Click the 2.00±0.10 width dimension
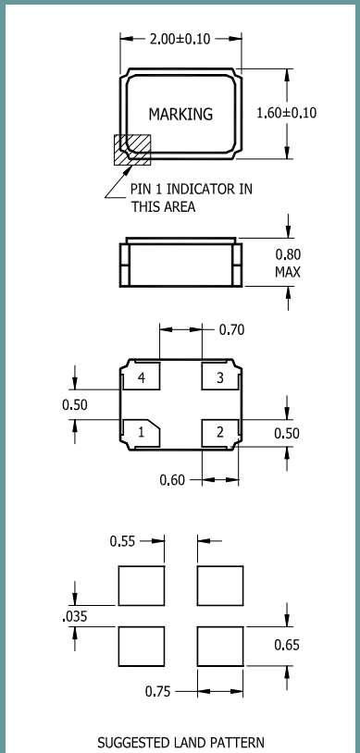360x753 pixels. pyautogui.click(x=180, y=39)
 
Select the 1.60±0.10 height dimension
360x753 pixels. pyautogui.click(x=287, y=113)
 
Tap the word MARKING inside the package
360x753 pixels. pyautogui.click(x=180, y=115)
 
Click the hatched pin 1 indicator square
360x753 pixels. pyautogui.click(x=132, y=150)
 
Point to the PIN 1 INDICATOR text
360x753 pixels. pyautogui.click(x=191, y=189)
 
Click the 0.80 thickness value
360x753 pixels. pyautogui.click(x=288, y=254)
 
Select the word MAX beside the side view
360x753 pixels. pyautogui.click(x=288, y=272)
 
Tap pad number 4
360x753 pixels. pyautogui.click(x=142, y=377)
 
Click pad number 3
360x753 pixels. pyautogui.click(x=220, y=377)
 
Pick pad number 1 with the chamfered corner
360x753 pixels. pyautogui.click(x=142, y=432)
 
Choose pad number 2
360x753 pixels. pyautogui.click(x=220, y=432)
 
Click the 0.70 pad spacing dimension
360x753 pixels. pyautogui.click(x=231, y=330)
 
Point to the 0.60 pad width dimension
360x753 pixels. pyautogui.click(x=172, y=480)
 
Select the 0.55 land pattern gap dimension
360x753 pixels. pyautogui.click(x=122, y=541)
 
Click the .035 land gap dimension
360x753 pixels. pyautogui.click(x=75, y=616)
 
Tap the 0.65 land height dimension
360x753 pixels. pyautogui.click(x=287, y=645)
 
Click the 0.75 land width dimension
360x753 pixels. pyautogui.click(x=157, y=692)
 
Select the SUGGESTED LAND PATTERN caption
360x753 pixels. pyautogui.click(x=180, y=743)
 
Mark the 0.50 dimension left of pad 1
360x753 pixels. pyautogui.click(x=75, y=405)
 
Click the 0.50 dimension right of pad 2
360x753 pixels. pyautogui.click(x=287, y=433)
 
